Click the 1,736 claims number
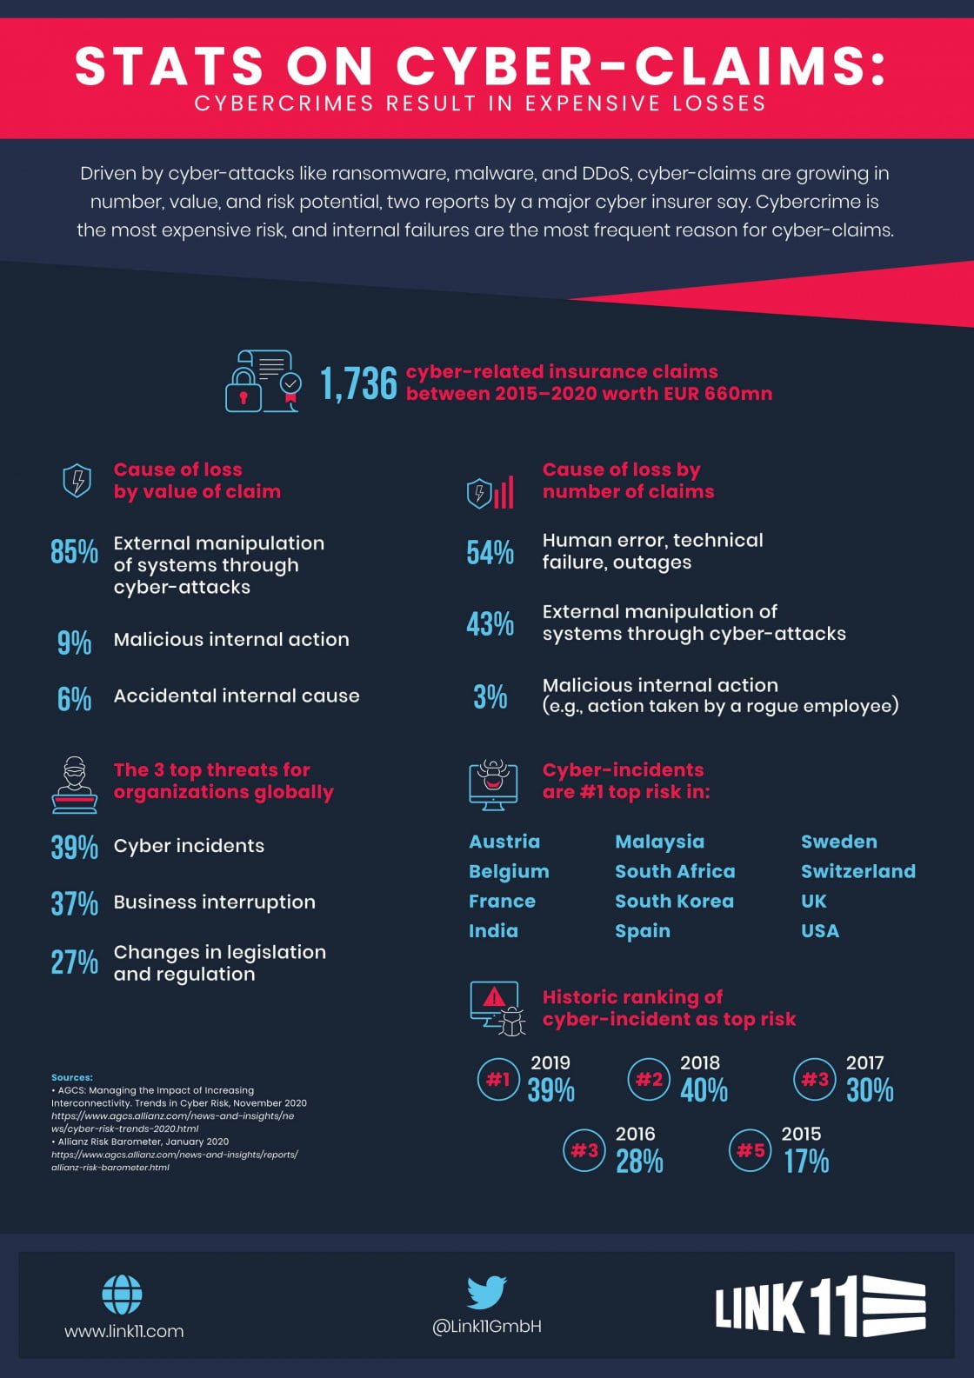click(x=358, y=383)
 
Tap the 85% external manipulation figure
click(x=74, y=552)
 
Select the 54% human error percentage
click(x=490, y=553)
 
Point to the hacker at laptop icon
click(x=75, y=784)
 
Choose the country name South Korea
click(x=674, y=902)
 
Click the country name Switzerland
click(x=857, y=871)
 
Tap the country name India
click(x=493, y=931)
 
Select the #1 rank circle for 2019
click(x=498, y=1080)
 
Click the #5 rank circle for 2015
click(x=750, y=1151)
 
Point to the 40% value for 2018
click(x=704, y=1091)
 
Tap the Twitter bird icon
click(x=487, y=1292)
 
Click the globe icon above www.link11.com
click(x=123, y=1295)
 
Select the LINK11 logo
click(x=819, y=1306)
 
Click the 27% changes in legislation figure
click(x=74, y=962)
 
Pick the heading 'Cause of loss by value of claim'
click(x=197, y=481)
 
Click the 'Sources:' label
click(x=71, y=1077)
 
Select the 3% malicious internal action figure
click(x=490, y=696)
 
